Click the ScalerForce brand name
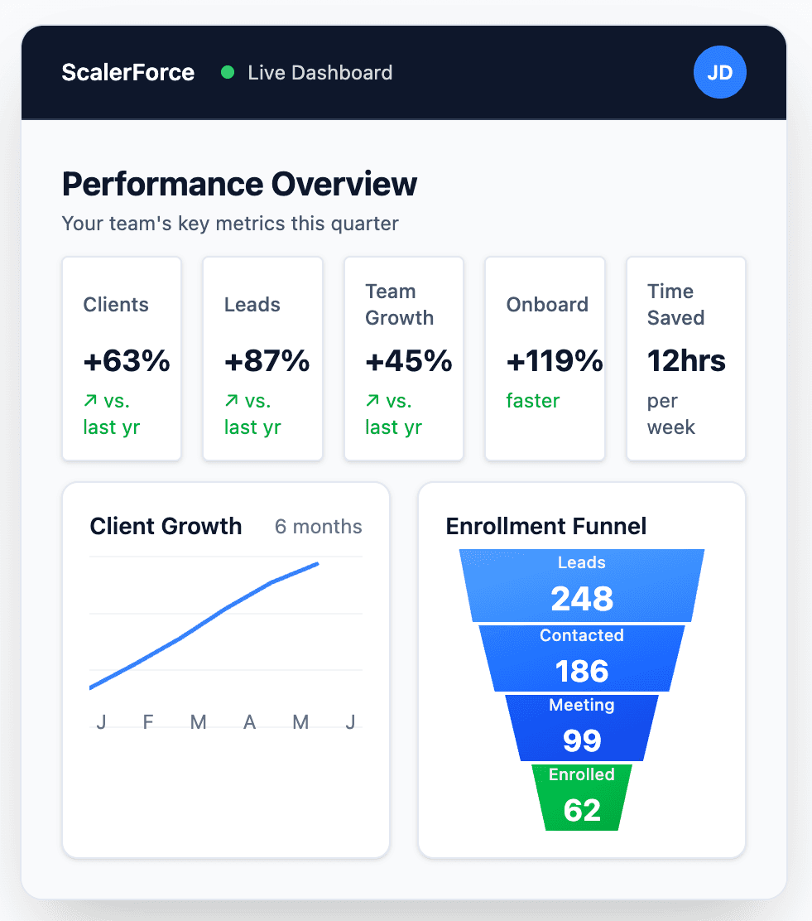tap(127, 73)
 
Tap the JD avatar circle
tap(719, 73)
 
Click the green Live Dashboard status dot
tap(228, 73)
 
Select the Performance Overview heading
tap(239, 184)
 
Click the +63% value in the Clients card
tap(127, 361)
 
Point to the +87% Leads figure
tap(267, 361)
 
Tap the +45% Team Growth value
tap(408, 361)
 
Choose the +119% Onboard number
tap(554, 361)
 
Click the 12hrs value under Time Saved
tap(686, 361)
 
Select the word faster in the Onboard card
tap(533, 401)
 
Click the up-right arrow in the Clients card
tap(90, 402)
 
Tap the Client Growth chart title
tap(166, 527)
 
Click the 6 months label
tap(318, 527)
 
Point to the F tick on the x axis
tap(148, 722)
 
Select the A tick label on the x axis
tap(249, 722)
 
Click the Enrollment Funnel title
tap(546, 527)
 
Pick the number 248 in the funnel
tap(582, 599)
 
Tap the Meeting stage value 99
tap(582, 740)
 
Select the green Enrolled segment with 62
tap(582, 798)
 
